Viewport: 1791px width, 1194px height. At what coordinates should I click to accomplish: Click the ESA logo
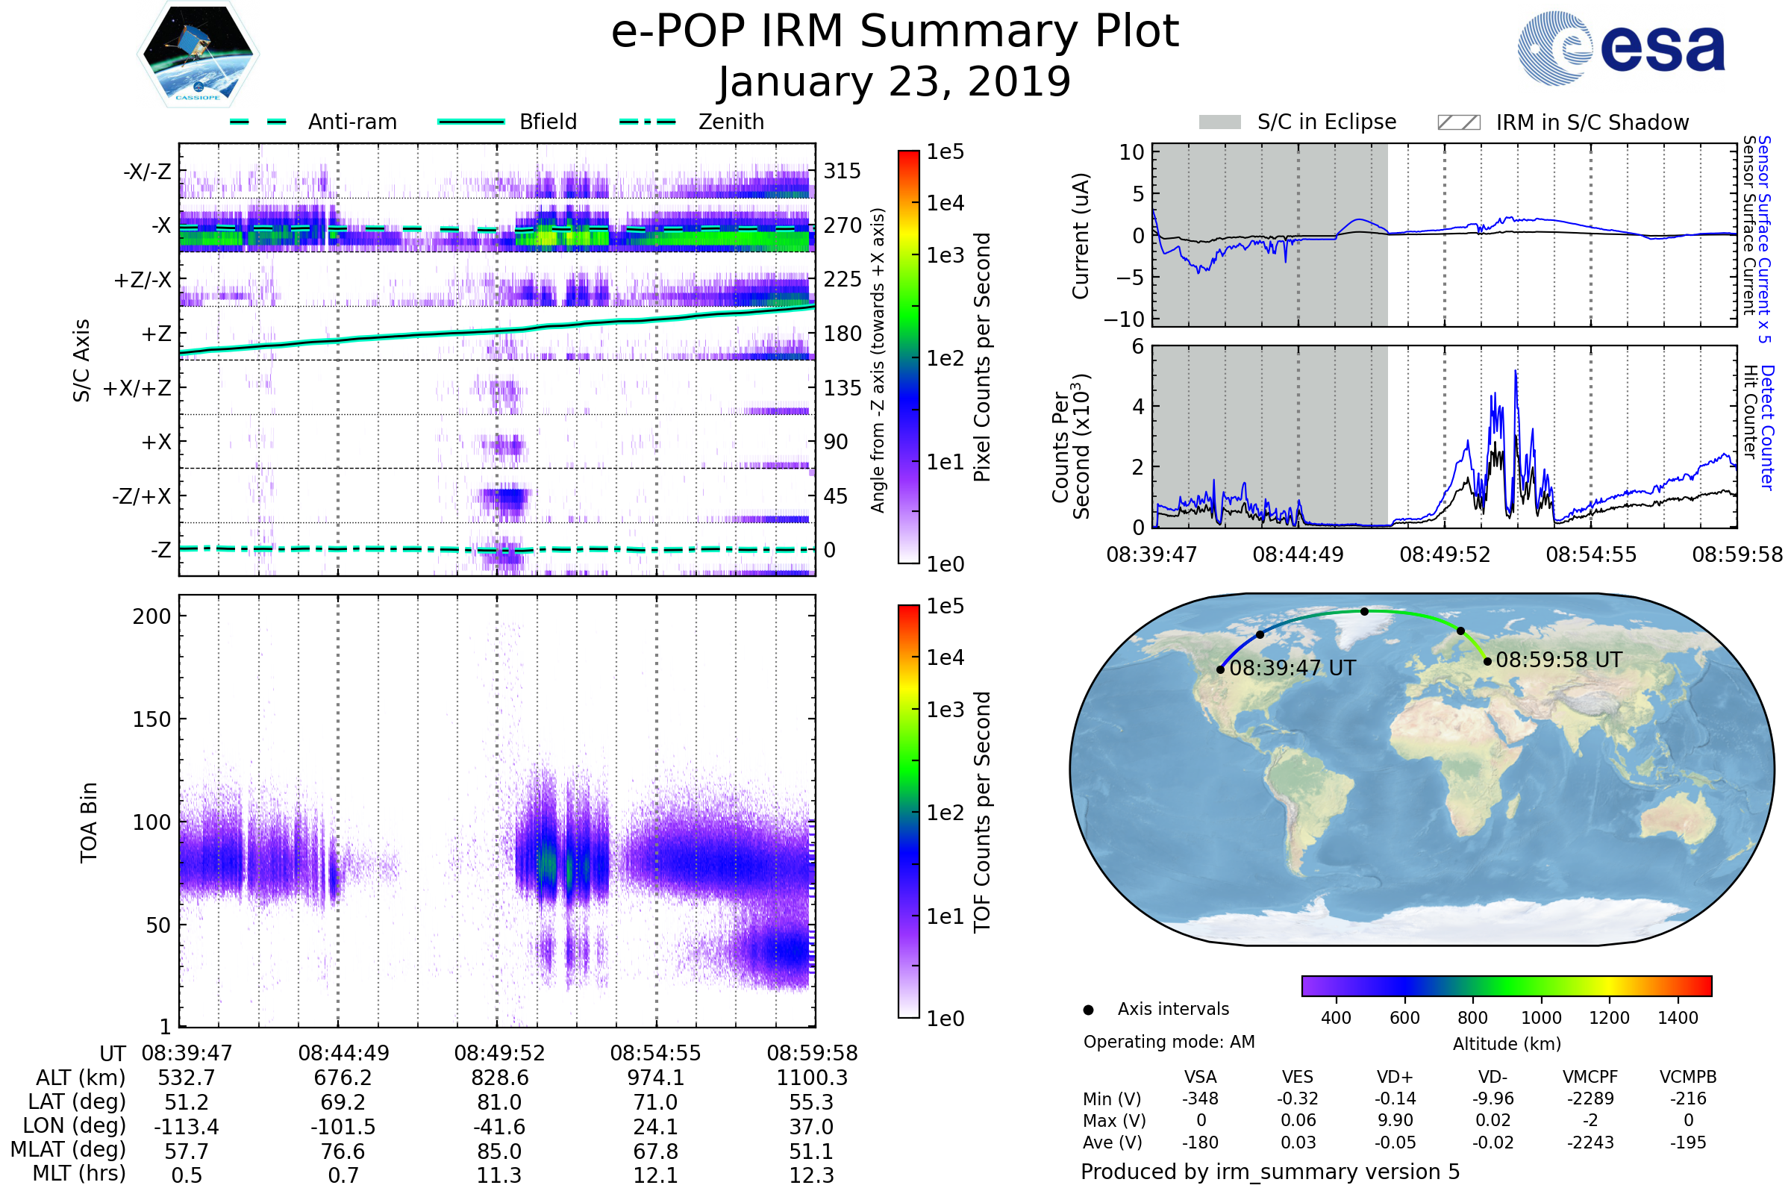pyautogui.click(x=1621, y=48)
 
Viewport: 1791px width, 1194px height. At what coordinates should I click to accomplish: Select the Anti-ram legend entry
pyautogui.click(x=313, y=122)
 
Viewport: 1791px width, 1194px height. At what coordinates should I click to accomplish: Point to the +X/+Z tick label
pyautogui.click(x=137, y=388)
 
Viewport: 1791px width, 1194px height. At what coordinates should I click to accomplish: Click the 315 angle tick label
pyautogui.click(x=842, y=171)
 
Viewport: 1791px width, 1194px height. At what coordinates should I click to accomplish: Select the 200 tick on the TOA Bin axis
pyautogui.click(x=151, y=616)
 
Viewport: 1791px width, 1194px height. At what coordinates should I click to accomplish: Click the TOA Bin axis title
pyautogui.click(x=88, y=822)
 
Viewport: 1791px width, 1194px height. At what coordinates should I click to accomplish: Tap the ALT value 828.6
pyautogui.click(x=499, y=1078)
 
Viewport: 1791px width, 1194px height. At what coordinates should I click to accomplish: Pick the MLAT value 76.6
pyautogui.click(x=343, y=1151)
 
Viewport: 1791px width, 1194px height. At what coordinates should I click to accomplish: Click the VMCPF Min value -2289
pyautogui.click(x=1590, y=1098)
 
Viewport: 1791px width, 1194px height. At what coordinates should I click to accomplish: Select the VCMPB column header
pyautogui.click(x=1687, y=1077)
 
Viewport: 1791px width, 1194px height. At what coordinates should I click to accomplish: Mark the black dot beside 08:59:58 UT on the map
pyautogui.click(x=1487, y=661)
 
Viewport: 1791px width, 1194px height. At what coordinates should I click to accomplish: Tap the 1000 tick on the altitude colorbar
pyautogui.click(x=1540, y=1018)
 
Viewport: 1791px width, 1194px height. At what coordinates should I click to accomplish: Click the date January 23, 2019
pyautogui.click(x=895, y=82)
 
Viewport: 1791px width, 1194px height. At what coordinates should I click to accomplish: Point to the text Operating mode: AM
pyautogui.click(x=1169, y=1042)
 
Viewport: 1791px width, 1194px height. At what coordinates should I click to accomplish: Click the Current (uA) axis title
pyautogui.click(x=1081, y=236)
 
